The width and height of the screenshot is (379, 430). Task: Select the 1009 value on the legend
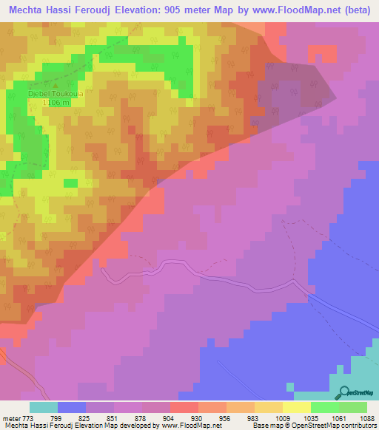pos(282,417)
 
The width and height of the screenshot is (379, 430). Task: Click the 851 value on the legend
pos(113,417)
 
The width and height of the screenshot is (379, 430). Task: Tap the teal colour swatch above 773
pos(44,407)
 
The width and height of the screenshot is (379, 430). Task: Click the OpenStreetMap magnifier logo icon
pos(343,393)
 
